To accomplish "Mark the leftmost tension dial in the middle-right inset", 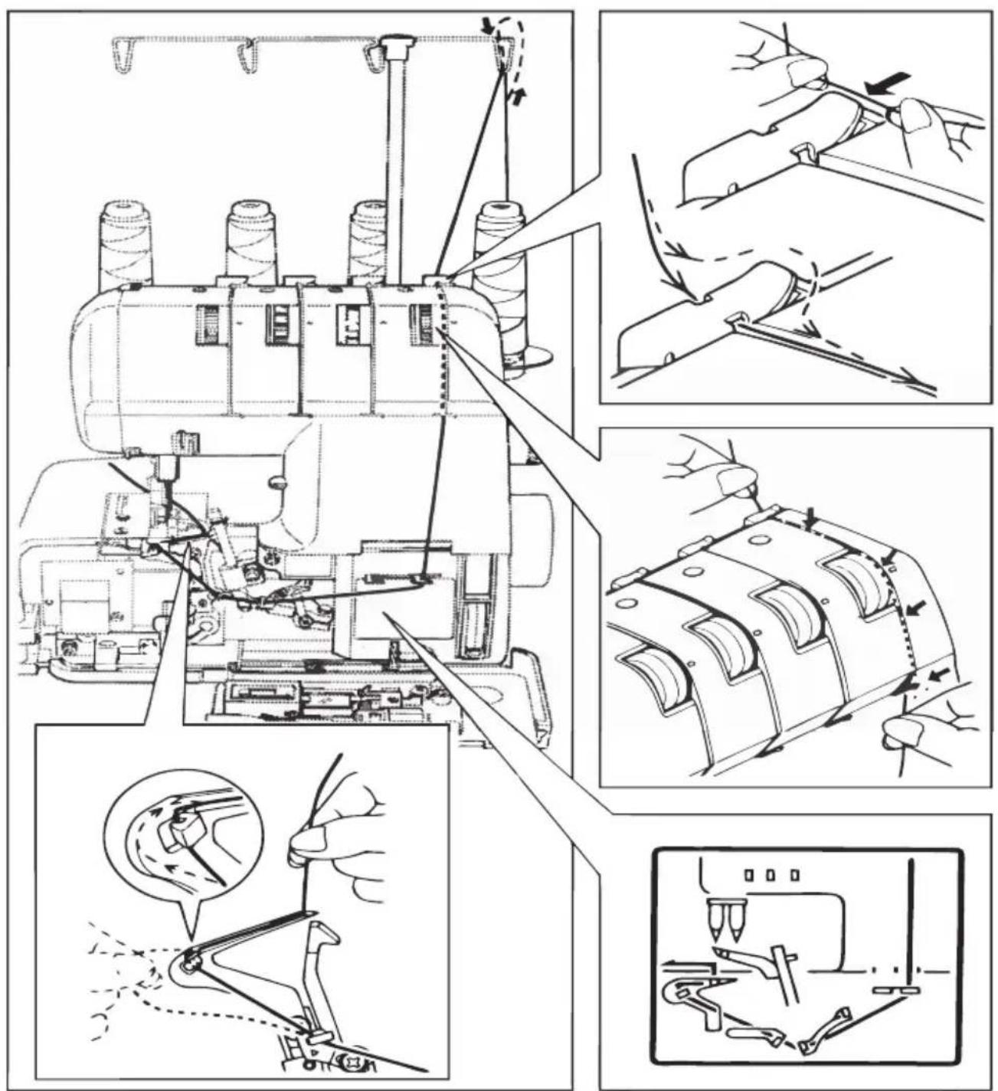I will (x=657, y=674).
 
